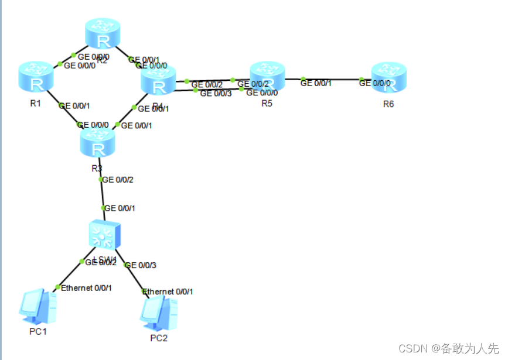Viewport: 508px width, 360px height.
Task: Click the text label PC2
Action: (x=159, y=338)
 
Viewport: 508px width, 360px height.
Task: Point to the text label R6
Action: (x=388, y=104)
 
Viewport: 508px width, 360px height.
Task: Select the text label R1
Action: (x=35, y=104)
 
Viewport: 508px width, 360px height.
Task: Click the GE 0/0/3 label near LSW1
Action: (x=141, y=265)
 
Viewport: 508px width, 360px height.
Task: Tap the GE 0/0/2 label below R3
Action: (x=118, y=180)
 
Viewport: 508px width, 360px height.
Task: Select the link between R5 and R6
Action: (x=332, y=79)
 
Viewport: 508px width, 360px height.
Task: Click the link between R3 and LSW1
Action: (x=102, y=194)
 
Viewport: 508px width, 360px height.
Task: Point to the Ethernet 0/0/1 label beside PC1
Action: (x=86, y=287)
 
